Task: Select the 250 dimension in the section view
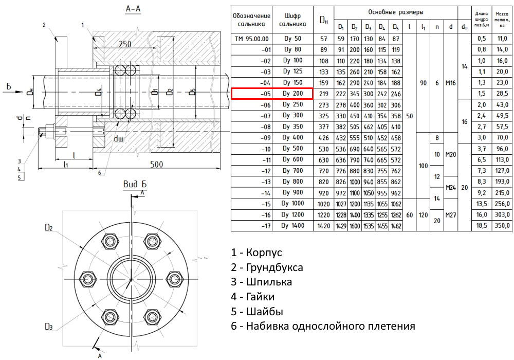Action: pos(125,45)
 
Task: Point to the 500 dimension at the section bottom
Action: pos(157,165)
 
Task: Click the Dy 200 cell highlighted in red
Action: pos(292,94)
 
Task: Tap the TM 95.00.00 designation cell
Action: pos(251,39)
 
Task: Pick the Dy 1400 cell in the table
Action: pos(292,225)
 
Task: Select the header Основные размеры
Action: pos(395,11)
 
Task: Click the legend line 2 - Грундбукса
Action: pos(267,267)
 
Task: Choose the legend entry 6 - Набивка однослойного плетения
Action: pos(323,326)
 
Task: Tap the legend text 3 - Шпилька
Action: pos(262,282)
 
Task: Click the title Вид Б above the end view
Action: pos(135,184)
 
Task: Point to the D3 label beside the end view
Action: pos(49,326)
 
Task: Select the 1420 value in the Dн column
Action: pos(324,225)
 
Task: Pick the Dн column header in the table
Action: pos(324,20)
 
